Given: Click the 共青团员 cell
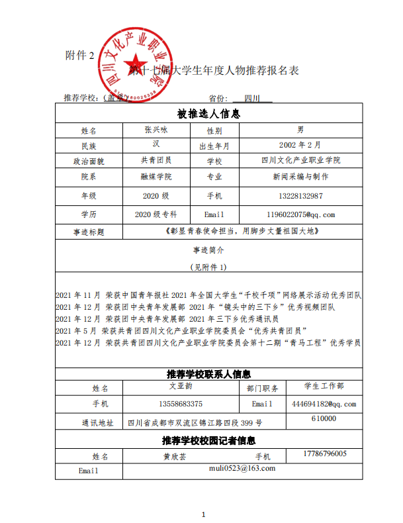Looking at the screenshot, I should coord(156,160).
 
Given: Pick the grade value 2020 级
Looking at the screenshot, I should coord(156,196).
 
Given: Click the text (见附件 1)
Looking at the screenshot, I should coord(208,267).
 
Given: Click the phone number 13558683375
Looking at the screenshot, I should coord(181,403).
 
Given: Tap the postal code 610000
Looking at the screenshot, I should coord(324,418).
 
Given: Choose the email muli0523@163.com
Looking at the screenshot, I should coord(242,468).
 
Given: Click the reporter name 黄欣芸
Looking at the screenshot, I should coord(175,457).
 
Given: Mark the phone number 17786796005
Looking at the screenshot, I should coord(324,453).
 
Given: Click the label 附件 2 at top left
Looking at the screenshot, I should coord(81,54).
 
